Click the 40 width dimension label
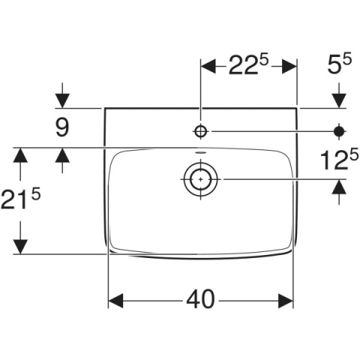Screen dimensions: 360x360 [x=200, y=299]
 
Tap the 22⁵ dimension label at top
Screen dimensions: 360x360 [x=248, y=65]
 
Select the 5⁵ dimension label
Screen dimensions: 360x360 [x=339, y=64]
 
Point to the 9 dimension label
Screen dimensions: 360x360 [x=62, y=127]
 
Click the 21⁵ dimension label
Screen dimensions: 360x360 [x=20, y=199]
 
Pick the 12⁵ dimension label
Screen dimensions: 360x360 [x=339, y=160]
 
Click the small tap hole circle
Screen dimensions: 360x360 [x=200, y=131]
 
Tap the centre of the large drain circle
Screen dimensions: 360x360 [x=201, y=179]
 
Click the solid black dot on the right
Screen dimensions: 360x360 [x=339, y=131]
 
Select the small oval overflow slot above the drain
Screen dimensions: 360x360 [x=200, y=152]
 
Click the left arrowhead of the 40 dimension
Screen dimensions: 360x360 [x=115, y=301]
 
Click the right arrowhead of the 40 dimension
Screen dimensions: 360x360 [x=285, y=301]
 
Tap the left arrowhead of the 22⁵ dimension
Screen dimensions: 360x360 [x=208, y=67]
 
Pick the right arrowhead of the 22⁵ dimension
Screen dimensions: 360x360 [x=289, y=67]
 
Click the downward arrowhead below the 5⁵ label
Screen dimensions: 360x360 [x=339, y=100]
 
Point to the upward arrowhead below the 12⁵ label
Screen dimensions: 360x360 [x=339, y=187]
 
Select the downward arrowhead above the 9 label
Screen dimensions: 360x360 [x=62, y=100]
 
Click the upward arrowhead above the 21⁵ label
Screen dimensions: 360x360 [x=20, y=155]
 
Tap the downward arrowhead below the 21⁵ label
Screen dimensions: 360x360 [x=20, y=247]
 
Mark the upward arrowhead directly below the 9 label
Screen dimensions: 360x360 [x=62, y=155]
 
